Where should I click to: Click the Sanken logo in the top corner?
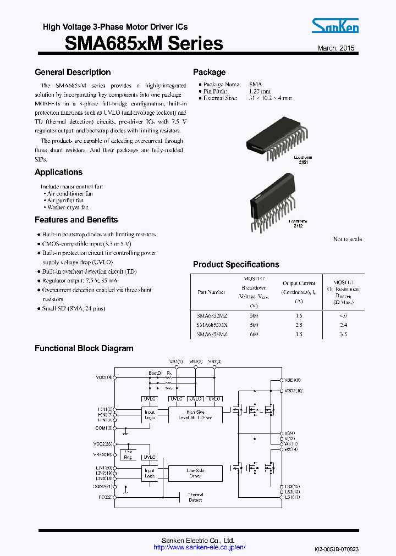tap(335, 26)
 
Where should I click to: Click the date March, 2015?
tap(336, 48)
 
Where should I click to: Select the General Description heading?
tap(73, 72)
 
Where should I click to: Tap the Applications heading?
tap(58, 172)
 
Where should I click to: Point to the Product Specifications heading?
tap(236, 264)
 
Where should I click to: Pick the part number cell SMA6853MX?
tap(212, 324)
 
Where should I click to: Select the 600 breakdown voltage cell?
tap(254, 334)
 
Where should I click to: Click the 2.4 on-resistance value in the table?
tap(343, 324)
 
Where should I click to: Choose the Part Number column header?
tap(212, 292)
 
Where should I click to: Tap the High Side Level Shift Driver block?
tap(195, 415)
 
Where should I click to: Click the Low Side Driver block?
tap(195, 473)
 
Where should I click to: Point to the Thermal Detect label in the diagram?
tap(195, 497)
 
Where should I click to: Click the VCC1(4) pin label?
tap(104, 377)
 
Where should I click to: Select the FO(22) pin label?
tap(106, 497)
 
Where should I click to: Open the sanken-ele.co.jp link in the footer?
tap(199, 547)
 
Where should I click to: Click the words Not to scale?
tap(347, 239)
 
